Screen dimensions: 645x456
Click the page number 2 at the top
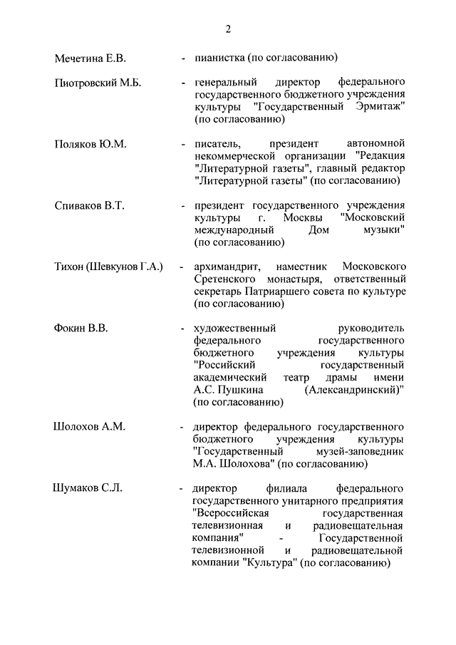click(x=228, y=29)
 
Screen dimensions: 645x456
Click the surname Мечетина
click(x=80, y=58)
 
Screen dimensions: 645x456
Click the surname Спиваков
click(x=79, y=206)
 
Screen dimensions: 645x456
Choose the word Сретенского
click(x=225, y=279)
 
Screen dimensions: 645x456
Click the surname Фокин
click(x=71, y=329)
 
